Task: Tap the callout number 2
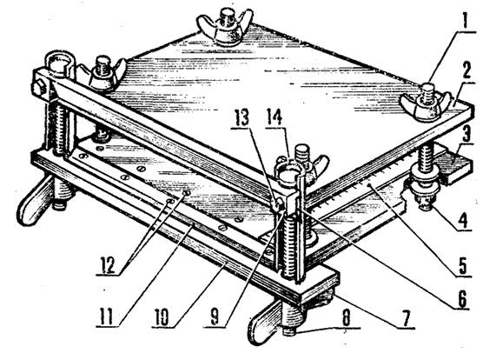[x=465, y=71]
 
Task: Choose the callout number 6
[x=461, y=298]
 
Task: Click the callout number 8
[x=347, y=317]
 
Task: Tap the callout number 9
[x=217, y=317]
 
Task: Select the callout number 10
[x=162, y=317]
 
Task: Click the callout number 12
[x=108, y=264]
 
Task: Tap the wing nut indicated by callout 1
[x=426, y=103]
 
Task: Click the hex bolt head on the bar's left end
[x=38, y=89]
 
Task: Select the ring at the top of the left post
[x=61, y=63]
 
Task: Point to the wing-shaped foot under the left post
[x=34, y=200]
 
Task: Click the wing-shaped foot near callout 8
[x=265, y=322]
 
